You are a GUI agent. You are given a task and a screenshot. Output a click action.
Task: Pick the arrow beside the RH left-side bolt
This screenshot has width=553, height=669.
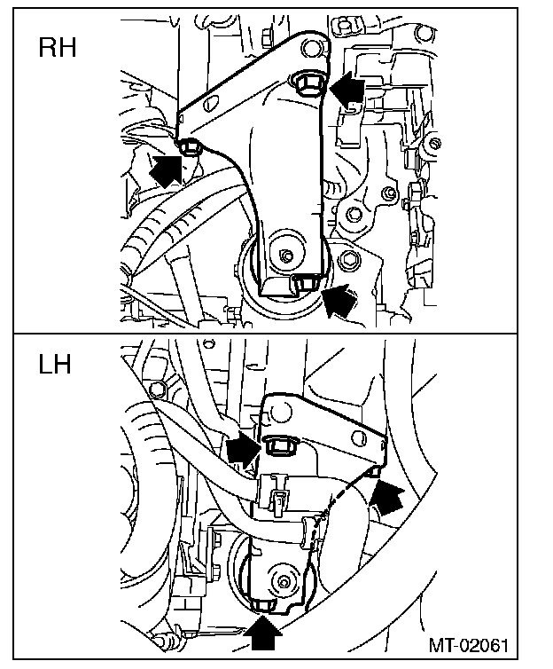(166, 168)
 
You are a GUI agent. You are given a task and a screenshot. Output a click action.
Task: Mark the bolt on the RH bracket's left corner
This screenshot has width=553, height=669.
(189, 145)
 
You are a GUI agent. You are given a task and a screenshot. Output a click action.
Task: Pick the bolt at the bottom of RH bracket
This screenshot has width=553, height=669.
(306, 282)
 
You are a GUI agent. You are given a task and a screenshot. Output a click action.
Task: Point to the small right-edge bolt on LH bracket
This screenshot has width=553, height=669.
(374, 471)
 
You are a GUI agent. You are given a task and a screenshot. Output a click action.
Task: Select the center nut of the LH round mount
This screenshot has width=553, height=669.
(284, 582)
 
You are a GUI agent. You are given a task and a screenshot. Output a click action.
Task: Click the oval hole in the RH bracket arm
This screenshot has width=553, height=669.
(208, 104)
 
